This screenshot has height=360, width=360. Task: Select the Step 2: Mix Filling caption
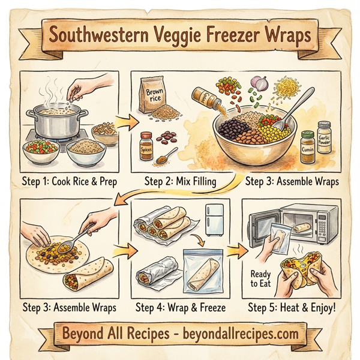[179, 179]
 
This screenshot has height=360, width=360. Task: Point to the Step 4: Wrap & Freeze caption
[181, 308]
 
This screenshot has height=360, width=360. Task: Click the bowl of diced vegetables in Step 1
[41, 147]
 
